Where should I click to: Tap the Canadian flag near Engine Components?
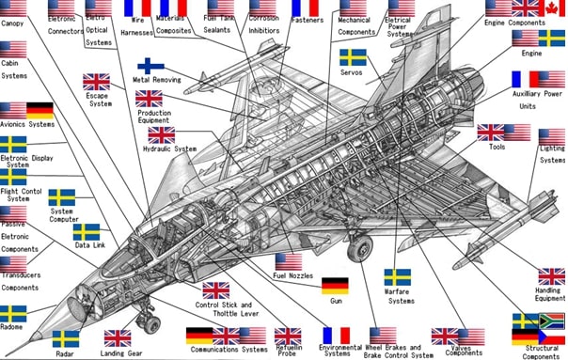[x=552, y=8]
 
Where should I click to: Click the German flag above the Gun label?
[x=336, y=286]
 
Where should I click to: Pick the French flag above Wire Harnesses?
[x=137, y=8]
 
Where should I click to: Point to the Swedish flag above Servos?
[x=353, y=57]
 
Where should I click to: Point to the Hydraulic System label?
[x=169, y=149]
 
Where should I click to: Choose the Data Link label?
[x=89, y=245]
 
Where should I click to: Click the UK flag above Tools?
[x=491, y=133]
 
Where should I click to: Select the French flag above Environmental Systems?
[x=336, y=336]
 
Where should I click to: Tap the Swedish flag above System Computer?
[x=61, y=198]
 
